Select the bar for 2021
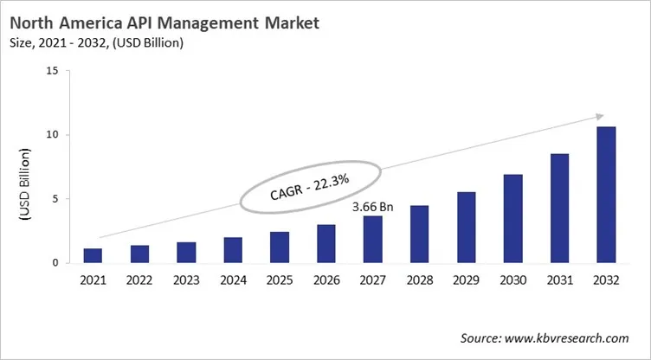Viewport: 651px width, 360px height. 93,255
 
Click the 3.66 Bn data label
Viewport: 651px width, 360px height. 373,208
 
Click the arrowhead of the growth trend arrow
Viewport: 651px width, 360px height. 598,116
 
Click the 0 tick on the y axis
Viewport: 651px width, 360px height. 55,262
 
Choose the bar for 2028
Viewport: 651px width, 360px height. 418,234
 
